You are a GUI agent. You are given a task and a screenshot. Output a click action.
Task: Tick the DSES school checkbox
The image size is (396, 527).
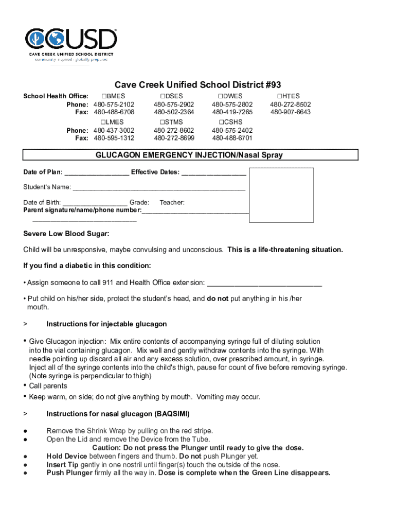click(x=162, y=96)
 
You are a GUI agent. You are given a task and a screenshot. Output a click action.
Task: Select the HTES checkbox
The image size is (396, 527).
click(x=279, y=96)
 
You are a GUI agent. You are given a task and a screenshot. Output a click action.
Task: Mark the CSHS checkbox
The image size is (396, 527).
click(x=221, y=122)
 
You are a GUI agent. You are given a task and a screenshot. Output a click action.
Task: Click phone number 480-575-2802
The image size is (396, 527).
click(x=232, y=104)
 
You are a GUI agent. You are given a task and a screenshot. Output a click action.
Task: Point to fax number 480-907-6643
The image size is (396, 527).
click(x=291, y=112)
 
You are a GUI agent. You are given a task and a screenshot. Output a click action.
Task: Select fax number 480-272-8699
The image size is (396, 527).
click(x=174, y=138)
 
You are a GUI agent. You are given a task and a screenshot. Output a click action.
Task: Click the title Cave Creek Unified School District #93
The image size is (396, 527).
click(x=197, y=85)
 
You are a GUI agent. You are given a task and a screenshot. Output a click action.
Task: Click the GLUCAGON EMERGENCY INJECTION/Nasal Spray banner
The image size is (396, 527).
click(x=190, y=155)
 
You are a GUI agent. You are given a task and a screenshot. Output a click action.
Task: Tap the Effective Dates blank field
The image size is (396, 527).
click(x=214, y=172)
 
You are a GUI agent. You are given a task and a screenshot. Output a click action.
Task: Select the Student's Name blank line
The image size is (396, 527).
click(x=159, y=187)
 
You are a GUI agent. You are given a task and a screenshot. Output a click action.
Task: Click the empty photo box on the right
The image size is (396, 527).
click(x=281, y=195)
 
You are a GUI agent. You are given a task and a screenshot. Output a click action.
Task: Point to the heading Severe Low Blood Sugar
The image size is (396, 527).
click(x=66, y=234)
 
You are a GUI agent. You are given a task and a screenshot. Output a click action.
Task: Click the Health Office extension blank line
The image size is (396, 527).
click(x=264, y=283)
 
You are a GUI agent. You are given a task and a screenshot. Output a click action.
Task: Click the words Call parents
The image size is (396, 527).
click(x=48, y=386)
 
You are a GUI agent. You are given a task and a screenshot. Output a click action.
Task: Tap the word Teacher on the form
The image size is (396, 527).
click(x=172, y=203)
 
